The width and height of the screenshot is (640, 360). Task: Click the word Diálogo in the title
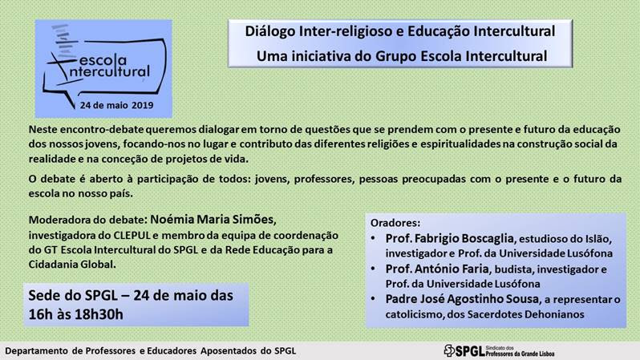tap(270, 32)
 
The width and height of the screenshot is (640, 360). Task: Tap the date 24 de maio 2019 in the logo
tap(116, 105)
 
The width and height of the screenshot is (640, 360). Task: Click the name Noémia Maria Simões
tap(212, 220)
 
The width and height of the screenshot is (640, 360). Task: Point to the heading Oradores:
tap(395, 223)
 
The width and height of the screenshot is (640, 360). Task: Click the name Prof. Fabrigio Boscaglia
tap(449, 238)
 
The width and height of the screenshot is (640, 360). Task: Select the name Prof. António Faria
tap(437, 269)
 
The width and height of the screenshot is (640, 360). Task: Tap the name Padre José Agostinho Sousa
tap(462, 299)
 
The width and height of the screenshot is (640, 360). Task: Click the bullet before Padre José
tap(373, 299)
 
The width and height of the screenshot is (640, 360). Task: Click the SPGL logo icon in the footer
tap(449, 350)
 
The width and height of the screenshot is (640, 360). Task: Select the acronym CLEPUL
tap(132, 236)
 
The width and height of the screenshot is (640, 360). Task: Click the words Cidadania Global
tap(71, 265)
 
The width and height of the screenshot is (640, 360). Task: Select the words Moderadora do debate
tap(85, 220)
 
